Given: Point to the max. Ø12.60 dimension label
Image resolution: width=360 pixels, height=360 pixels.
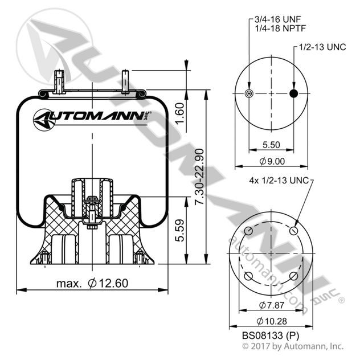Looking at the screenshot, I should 92,283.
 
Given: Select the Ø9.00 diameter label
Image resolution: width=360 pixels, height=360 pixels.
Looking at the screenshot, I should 271,162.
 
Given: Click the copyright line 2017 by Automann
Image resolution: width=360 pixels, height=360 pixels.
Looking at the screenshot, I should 293,346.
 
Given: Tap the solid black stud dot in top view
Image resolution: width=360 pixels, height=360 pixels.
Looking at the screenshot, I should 294,93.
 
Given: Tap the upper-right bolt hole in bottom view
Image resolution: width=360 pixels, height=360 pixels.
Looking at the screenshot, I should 293,231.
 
